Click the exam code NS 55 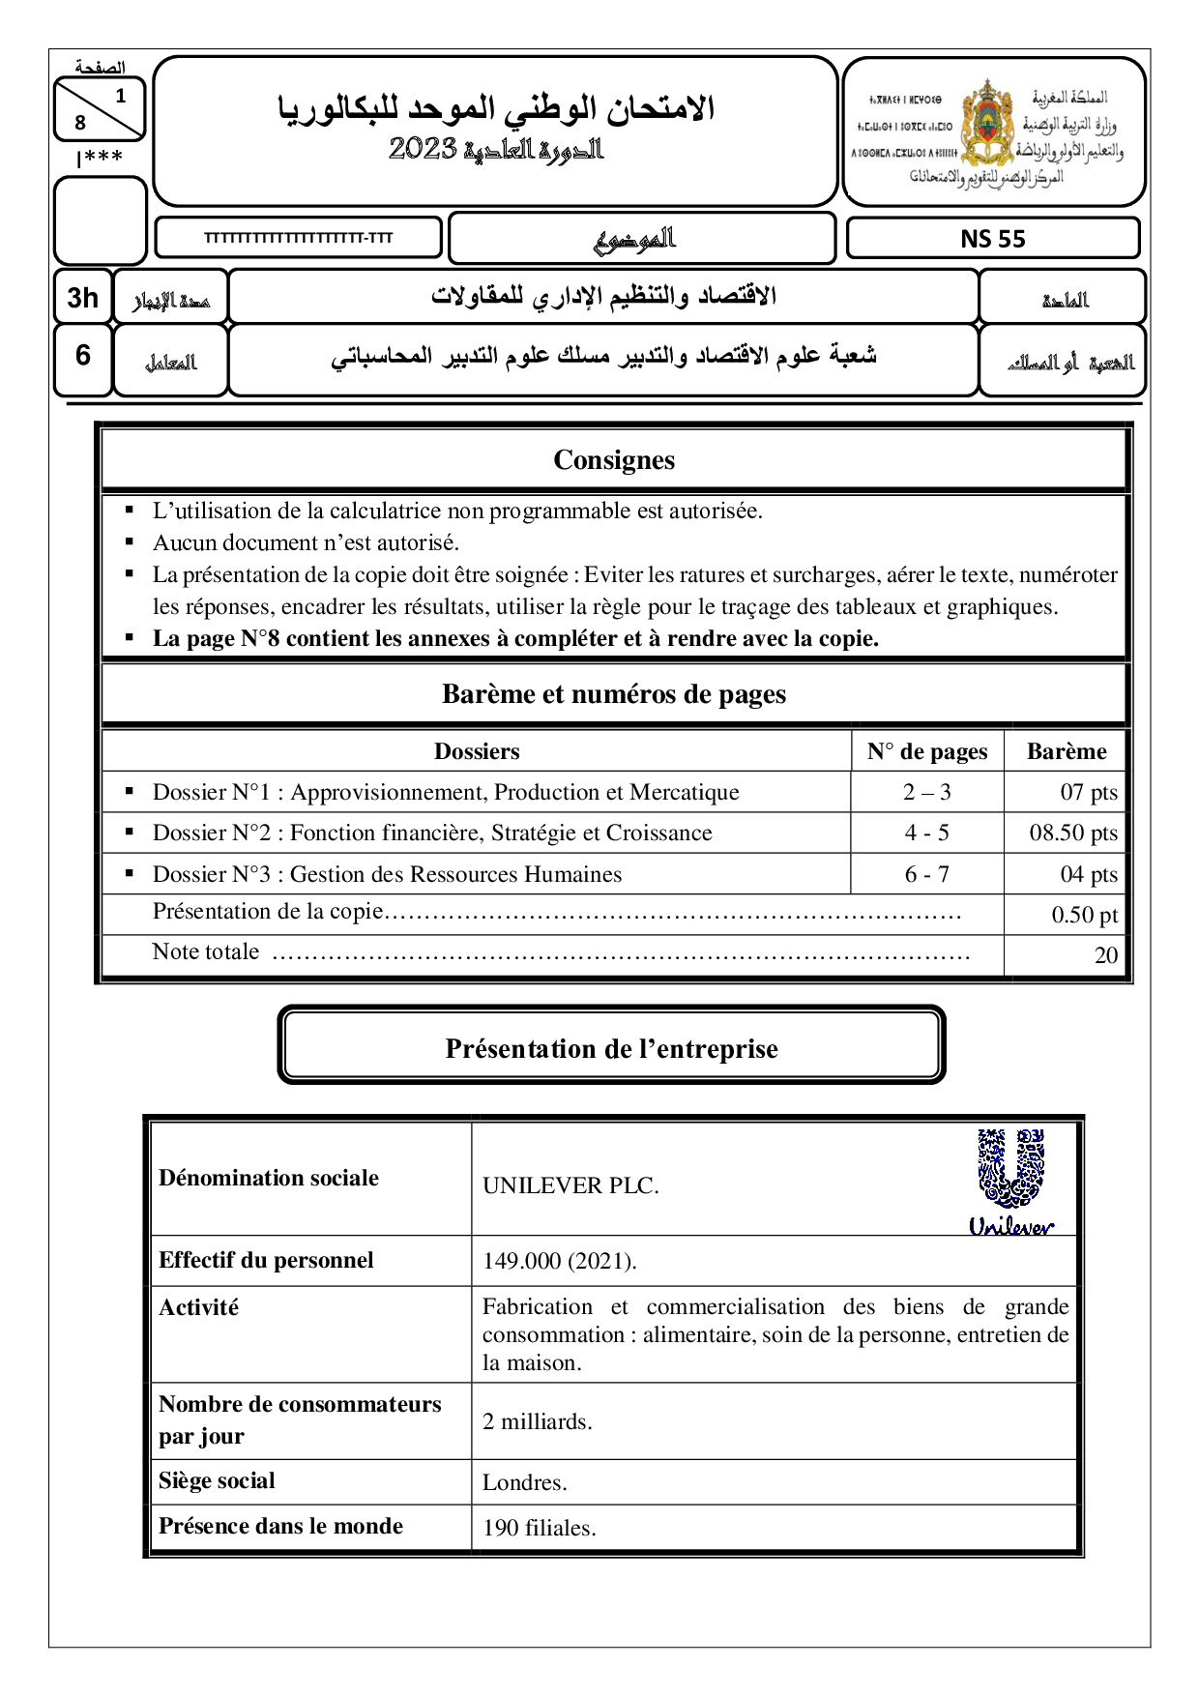click(992, 239)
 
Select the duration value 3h click(83, 298)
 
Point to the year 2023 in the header click(423, 148)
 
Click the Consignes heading click(614, 460)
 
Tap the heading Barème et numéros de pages click(614, 694)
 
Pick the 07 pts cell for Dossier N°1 click(1089, 792)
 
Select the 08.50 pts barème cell click(1073, 833)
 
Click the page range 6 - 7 click(926, 874)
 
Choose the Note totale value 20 click(1105, 955)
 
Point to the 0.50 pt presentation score click(1084, 915)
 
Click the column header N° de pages click(926, 751)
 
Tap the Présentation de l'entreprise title click(611, 1048)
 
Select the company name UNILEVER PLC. click(570, 1185)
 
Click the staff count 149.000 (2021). click(559, 1261)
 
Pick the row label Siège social click(217, 1480)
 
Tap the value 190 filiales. click(539, 1528)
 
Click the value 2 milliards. click(537, 1421)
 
